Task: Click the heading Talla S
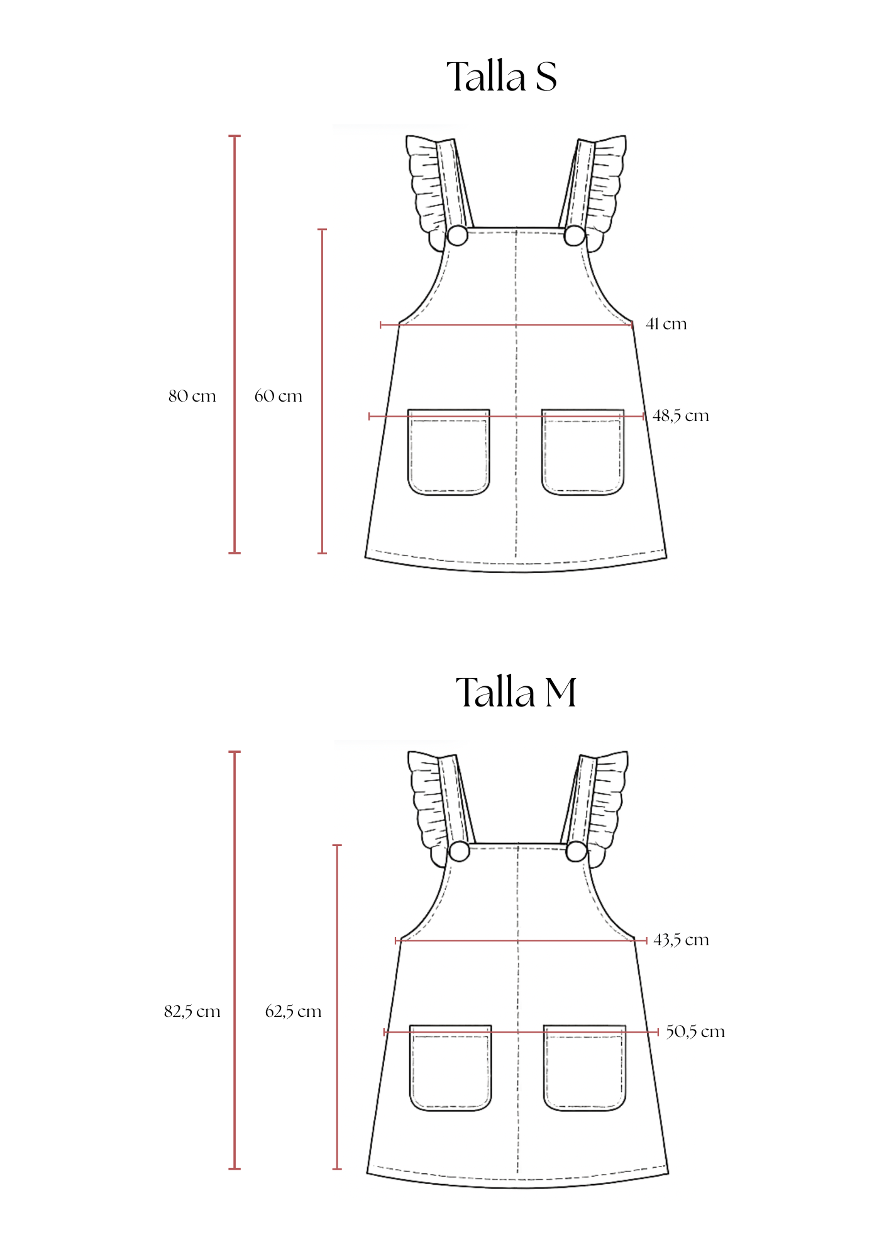(x=502, y=77)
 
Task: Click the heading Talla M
(x=516, y=692)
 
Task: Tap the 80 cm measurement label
(x=192, y=396)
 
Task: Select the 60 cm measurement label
(x=278, y=396)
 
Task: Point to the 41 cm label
(x=666, y=324)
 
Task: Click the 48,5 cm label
(x=681, y=415)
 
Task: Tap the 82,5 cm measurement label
(x=192, y=1011)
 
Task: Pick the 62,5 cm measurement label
(x=293, y=1011)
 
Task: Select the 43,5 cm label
(x=682, y=940)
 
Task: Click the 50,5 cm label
(x=695, y=1031)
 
